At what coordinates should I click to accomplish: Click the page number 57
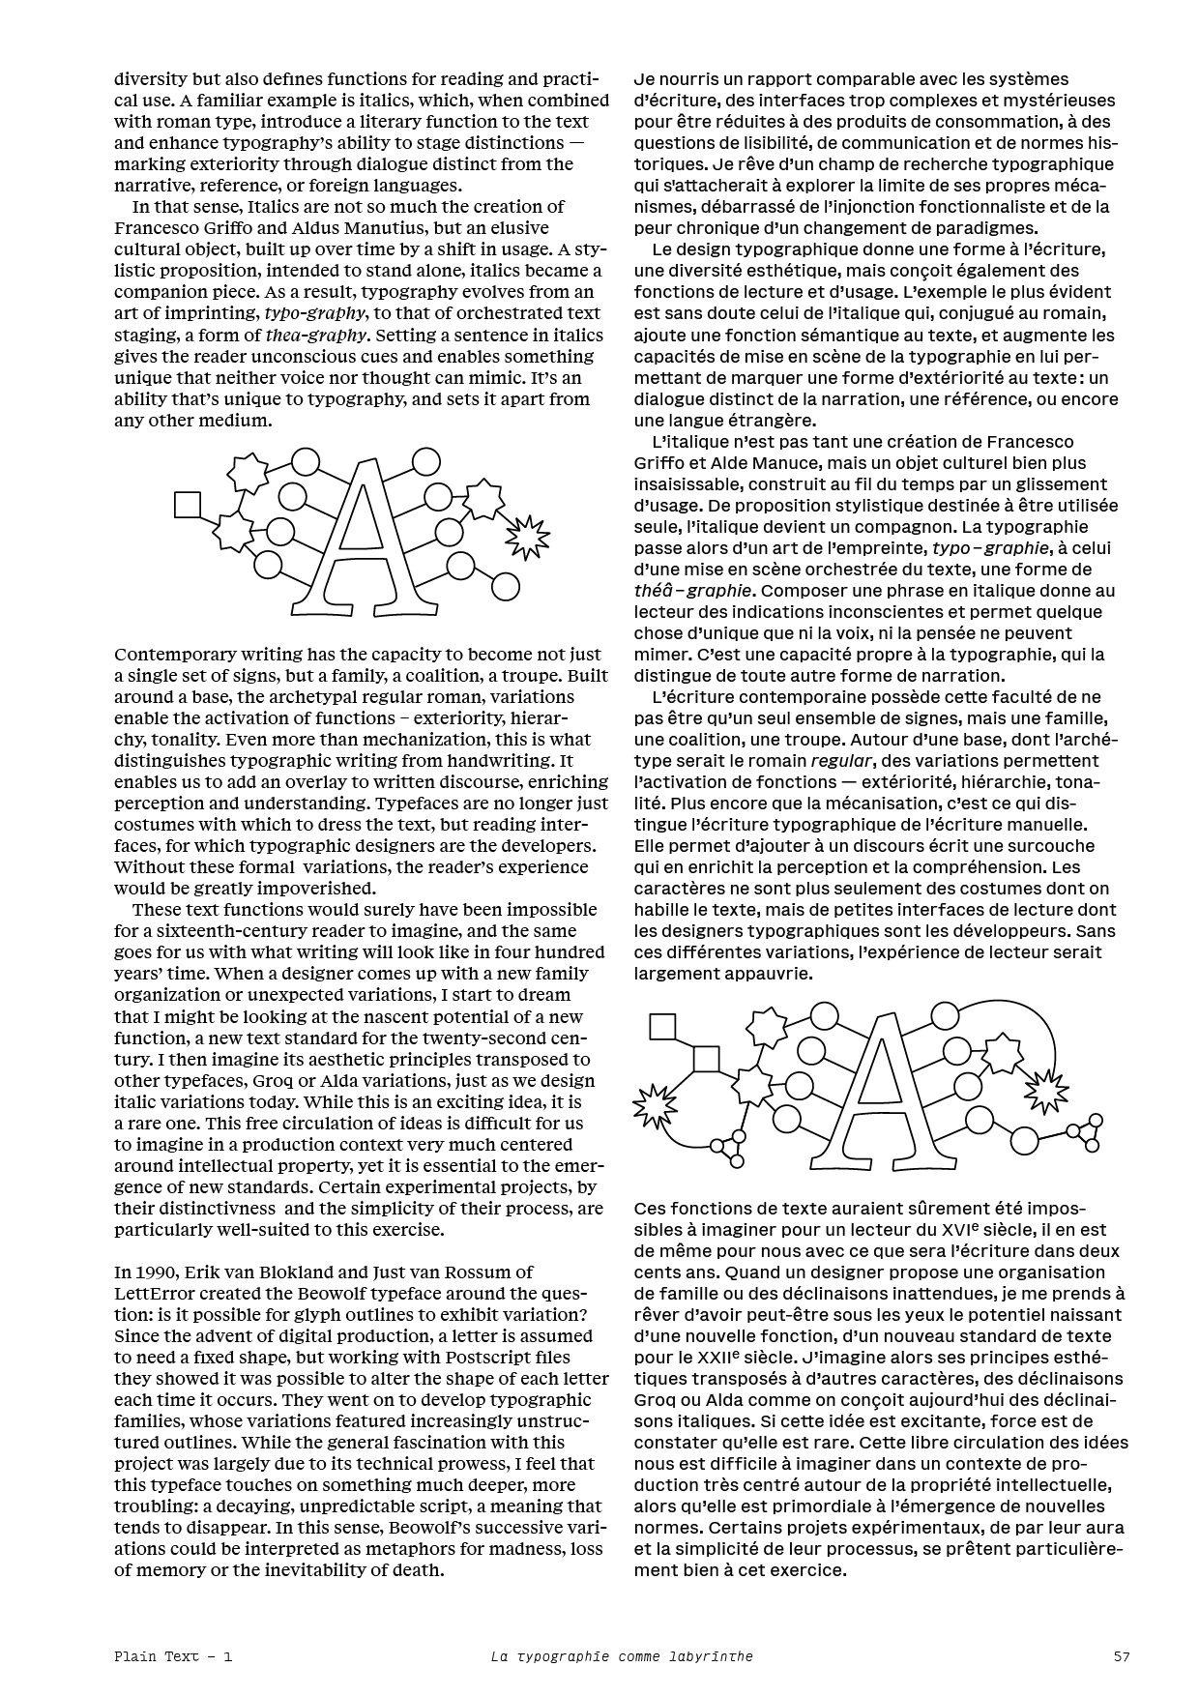tap(1121, 1656)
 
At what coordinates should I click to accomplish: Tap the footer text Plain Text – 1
tap(173, 1656)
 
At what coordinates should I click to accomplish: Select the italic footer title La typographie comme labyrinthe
tap(621, 1656)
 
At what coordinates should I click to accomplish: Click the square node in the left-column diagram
tap(188, 505)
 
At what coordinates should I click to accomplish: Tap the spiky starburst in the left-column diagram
tap(528, 534)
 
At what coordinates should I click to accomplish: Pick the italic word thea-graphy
tap(314, 336)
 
